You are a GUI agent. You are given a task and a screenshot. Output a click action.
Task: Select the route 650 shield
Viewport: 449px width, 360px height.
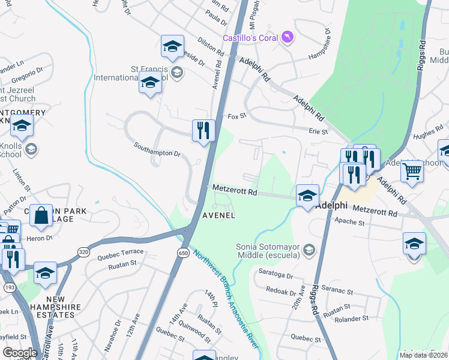click(x=183, y=253)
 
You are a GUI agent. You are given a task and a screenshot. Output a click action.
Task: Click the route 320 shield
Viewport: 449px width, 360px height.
click(x=84, y=253)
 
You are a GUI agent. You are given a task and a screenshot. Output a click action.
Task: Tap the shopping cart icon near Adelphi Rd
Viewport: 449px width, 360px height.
click(x=412, y=172)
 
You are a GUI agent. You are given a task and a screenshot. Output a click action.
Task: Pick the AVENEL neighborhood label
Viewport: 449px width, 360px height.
click(x=218, y=215)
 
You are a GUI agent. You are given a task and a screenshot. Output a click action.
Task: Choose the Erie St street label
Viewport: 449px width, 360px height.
click(x=318, y=131)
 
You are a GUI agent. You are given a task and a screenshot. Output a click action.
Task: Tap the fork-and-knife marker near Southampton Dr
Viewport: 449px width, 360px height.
click(x=203, y=131)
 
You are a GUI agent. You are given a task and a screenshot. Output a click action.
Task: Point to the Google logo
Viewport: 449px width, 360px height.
click(x=20, y=353)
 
